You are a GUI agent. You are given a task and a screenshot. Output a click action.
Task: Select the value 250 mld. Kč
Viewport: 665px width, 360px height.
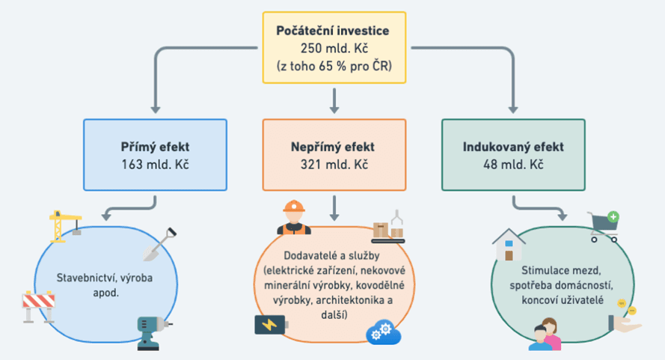tap(333, 48)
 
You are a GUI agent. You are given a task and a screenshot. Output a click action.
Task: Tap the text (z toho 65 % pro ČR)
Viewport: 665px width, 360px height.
tap(333, 64)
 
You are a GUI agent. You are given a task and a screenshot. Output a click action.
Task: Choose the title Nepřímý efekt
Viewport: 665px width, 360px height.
tap(333, 147)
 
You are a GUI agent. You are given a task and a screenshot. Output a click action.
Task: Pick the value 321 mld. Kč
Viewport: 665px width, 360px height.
tap(333, 163)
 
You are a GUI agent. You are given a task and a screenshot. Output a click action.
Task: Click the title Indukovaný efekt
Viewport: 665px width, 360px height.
tap(512, 147)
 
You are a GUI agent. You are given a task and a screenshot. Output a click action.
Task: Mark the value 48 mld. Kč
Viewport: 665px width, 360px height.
tap(512, 163)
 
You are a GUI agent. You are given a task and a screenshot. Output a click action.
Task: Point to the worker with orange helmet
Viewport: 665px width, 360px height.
tap(293, 218)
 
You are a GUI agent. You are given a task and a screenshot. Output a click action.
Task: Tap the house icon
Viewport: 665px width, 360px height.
tap(509, 246)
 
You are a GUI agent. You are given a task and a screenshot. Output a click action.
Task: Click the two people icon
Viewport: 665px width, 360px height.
tap(545, 334)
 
